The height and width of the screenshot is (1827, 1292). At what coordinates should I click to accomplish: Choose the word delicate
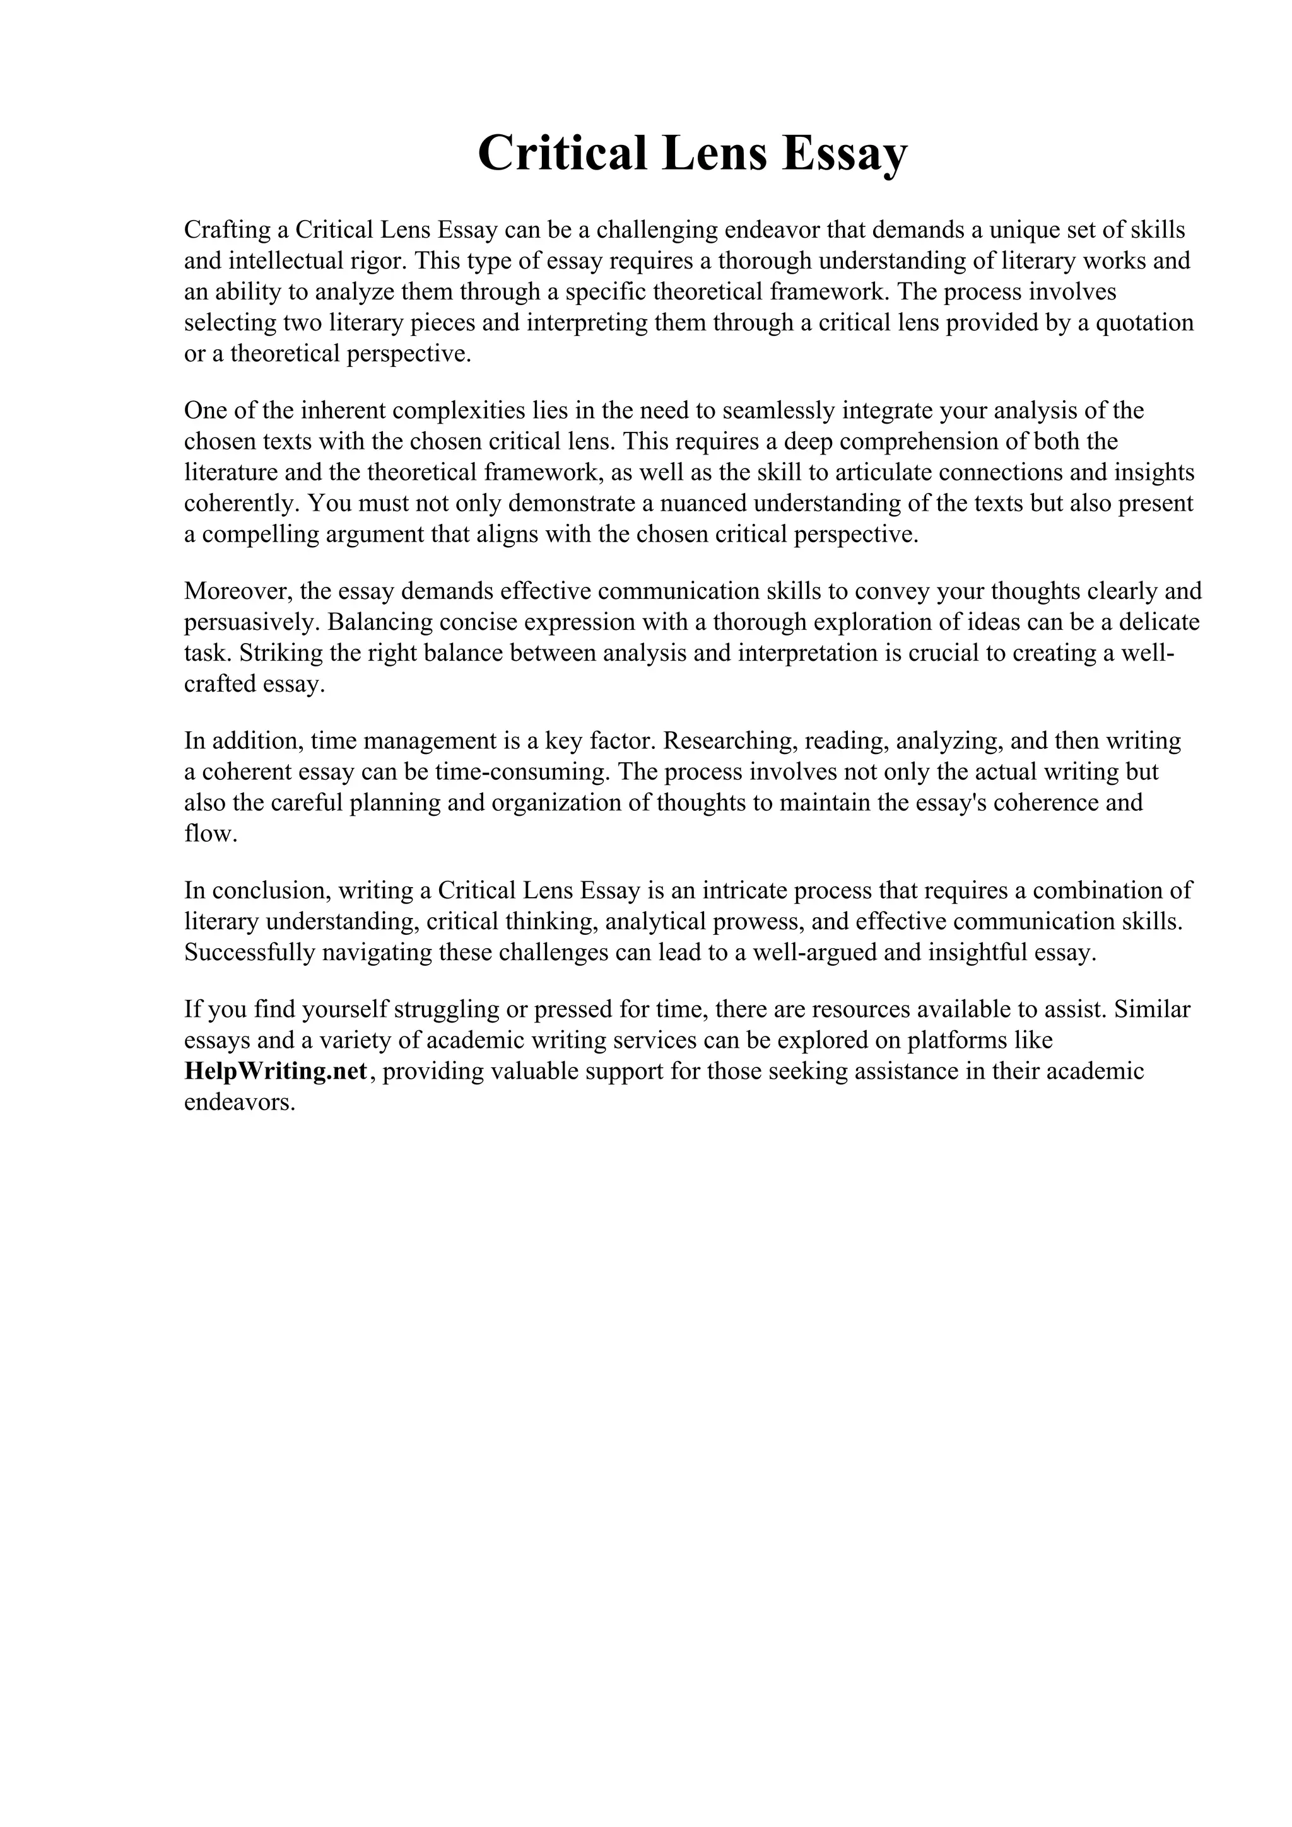(1154, 622)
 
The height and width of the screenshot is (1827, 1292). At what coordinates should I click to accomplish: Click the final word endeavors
(239, 1103)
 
